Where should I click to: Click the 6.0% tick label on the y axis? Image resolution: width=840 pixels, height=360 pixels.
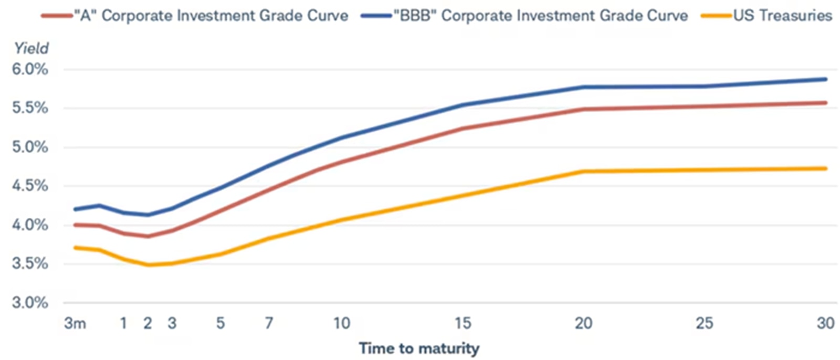pos(30,69)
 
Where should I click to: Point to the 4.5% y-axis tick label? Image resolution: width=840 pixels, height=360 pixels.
pos(30,186)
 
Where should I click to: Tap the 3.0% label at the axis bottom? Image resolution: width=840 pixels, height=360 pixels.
pos(30,302)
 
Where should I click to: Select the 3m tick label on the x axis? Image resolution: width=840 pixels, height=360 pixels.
pos(75,323)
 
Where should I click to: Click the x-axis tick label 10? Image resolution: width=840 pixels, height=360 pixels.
pos(342,323)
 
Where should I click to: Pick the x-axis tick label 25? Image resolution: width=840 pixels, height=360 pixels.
pos(705,323)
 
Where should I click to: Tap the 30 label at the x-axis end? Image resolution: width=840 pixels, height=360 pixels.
pos(825,323)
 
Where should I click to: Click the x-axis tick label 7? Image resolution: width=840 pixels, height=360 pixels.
pos(269,323)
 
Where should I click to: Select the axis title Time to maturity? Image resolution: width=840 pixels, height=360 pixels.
pos(419,348)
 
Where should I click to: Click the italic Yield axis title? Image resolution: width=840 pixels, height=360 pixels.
pos(31,48)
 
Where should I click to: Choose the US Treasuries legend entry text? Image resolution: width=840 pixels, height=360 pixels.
pos(782,16)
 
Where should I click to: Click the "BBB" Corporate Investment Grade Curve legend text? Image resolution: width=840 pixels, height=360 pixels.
pos(541,16)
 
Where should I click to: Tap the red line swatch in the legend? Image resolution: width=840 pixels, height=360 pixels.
pos(57,16)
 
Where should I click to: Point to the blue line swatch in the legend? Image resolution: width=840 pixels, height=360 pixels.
pos(376,16)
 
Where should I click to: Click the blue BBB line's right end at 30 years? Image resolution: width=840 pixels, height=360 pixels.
pos(826,79)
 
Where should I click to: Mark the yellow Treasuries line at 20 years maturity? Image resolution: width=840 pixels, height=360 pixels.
pos(584,172)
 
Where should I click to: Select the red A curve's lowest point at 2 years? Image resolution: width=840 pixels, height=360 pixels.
pos(148,236)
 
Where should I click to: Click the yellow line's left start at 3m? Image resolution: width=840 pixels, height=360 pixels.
pos(76,247)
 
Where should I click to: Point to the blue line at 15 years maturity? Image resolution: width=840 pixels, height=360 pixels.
pos(463,105)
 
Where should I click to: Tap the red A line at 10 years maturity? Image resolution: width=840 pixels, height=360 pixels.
pos(342,162)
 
